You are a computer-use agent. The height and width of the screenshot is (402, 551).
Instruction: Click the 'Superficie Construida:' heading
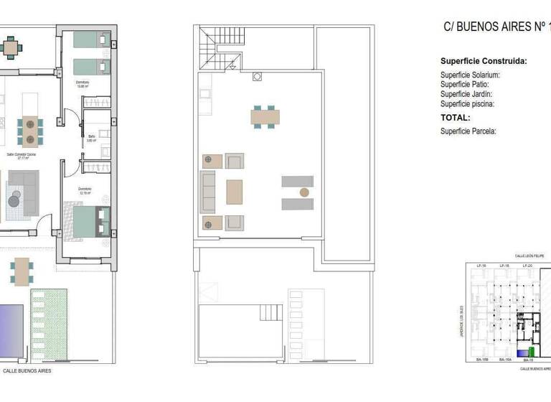coord(484,62)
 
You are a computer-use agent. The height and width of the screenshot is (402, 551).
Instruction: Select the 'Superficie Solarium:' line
coord(470,75)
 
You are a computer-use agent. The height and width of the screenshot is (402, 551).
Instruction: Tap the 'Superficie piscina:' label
coord(467,104)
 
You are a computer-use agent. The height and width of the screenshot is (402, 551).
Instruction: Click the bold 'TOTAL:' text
coord(456,118)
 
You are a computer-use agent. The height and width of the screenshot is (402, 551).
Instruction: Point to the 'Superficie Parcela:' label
coord(468,131)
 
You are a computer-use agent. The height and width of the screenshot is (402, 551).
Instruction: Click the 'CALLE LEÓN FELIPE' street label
coord(529,256)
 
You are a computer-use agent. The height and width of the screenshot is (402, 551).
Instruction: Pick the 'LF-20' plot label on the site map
coord(527,266)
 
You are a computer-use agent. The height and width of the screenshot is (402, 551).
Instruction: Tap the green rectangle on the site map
coord(532,352)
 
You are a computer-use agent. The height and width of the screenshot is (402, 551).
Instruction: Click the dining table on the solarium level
coord(265,116)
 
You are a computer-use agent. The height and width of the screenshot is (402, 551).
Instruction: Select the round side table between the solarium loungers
coord(304,192)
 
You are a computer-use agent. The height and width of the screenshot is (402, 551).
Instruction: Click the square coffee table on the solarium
coord(235,192)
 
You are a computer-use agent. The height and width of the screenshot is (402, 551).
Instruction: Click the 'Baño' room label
coord(92,138)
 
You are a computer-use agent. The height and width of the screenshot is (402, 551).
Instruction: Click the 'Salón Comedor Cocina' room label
coord(22,155)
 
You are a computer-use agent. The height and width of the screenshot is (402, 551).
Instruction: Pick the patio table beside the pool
coord(22,271)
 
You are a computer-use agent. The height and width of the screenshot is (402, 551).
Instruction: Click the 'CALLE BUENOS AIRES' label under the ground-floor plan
coord(27,372)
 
